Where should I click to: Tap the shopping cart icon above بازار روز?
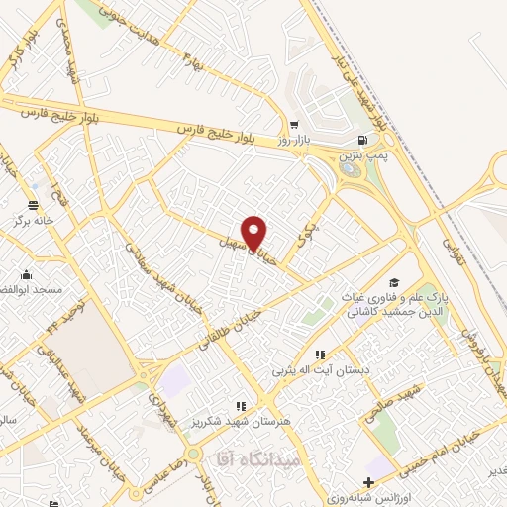294,125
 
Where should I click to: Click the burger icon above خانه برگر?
34,205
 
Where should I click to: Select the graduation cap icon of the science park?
394,282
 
